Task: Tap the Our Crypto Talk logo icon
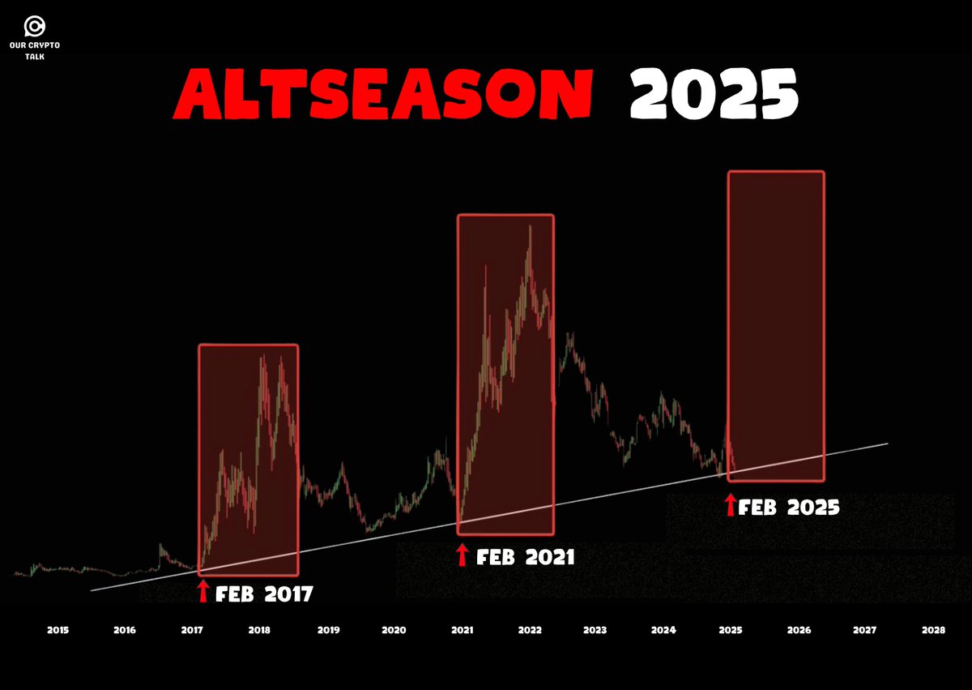point(35,26)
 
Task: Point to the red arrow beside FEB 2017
point(203,591)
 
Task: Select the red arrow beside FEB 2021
point(463,555)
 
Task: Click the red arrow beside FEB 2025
point(730,506)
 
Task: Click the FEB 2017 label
point(264,594)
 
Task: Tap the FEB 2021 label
point(525,558)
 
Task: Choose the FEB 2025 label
point(789,508)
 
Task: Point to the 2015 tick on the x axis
point(58,630)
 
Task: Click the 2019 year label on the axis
point(327,630)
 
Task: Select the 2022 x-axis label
point(530,630)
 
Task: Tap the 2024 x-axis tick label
point(663,630)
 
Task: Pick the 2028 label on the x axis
point(933,630)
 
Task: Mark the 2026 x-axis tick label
point(798,630)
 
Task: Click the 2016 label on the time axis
point(124,630)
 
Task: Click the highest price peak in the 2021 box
point(530,227)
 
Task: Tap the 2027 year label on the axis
point(865,630)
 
